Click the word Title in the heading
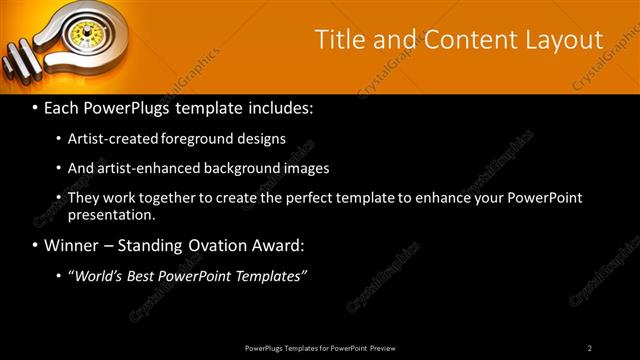339,40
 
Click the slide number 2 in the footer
589,347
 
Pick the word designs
263,139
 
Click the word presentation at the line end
110,214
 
